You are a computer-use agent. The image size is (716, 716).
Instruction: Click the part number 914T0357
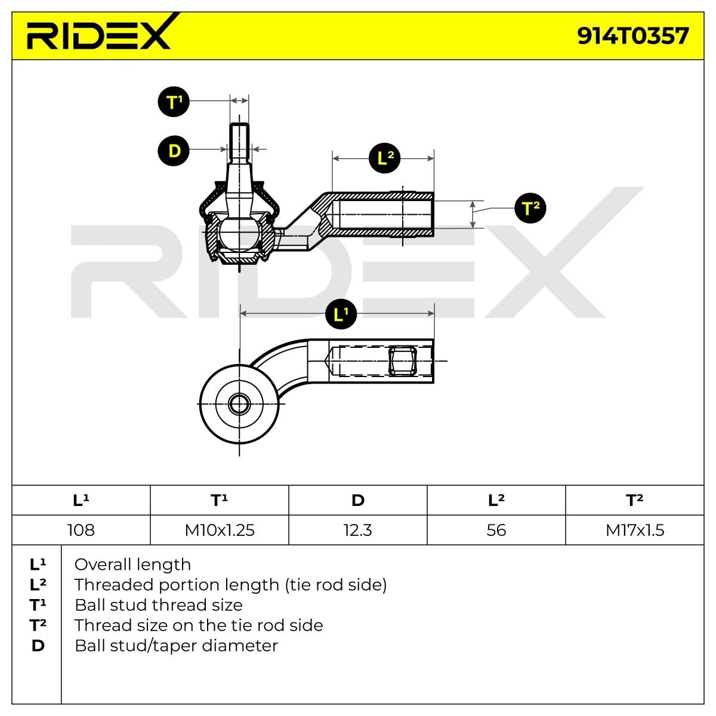pos(632,36)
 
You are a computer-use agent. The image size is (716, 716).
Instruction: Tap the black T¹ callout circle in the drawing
pos(174,102)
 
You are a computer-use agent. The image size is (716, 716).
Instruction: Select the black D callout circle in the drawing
pos(174,150)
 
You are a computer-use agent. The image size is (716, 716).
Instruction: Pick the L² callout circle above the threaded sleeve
pos(385,158)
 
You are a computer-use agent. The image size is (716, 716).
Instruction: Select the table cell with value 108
pos(81,530)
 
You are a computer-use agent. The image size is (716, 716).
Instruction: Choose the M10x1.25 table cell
pos(220,530)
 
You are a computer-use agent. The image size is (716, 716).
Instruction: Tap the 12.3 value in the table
pos(358,530)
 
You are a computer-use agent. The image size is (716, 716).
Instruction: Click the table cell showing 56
pos(496,530)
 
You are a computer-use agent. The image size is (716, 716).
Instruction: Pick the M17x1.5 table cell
pos(635,530)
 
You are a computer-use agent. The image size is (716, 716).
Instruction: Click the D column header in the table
pos(358,500)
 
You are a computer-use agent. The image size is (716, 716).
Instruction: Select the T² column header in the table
pos(635,500)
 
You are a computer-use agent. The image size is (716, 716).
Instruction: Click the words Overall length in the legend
pos(132,564)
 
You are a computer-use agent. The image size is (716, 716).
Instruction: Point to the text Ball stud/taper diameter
pos(176,646)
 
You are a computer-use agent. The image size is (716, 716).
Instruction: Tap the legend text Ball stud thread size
pos(158,605)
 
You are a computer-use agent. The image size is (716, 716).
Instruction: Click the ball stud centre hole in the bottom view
pos(239,404)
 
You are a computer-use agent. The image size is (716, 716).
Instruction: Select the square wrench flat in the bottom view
pos(401,361)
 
